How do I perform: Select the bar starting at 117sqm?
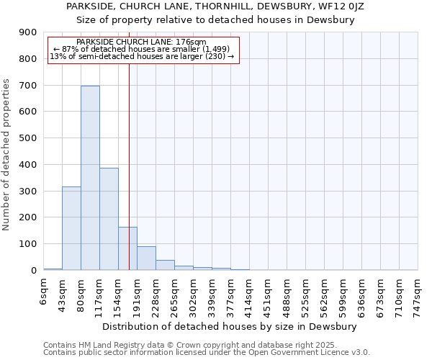coord(109,219)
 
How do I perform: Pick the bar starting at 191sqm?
coord(146,258)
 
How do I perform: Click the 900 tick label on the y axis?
coord(28,32)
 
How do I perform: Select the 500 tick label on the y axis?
coord(28,138)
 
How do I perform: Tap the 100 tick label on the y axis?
coord(28,244)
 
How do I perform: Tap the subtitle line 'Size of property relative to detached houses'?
coord(215,19)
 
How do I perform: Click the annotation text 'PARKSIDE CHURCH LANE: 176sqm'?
coord(141,42)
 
